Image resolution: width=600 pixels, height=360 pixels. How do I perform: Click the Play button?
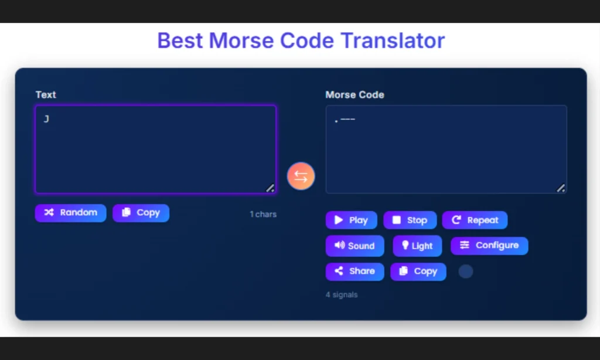pyautogui.click(x=351, y=220)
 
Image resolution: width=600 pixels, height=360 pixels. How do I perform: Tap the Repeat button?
pyautogui.click(x=475, y=220)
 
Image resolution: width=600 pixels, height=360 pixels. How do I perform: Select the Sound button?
pyautogui.click(x=354, y=246)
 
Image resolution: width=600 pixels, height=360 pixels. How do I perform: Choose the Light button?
pyautogui.click(x=417, y=246)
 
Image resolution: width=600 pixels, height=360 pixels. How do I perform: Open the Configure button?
pyautogui.click(x=489, y=246)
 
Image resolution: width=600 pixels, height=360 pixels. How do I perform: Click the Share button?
pyautogui.click(x=354, y=271)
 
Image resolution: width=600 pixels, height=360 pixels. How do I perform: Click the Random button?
pyautogui.click(x=70, y=213)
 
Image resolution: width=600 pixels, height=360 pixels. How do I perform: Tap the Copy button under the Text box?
pyautogui.click(x=141, y=213)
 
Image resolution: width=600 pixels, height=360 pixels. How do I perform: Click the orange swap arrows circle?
pyautogui.click(x=301, y=176)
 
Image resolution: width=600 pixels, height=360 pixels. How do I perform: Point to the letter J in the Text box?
pyautogui.click(x=46, y=120)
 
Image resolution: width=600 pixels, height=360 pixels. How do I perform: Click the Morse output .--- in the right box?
pyautogui.click(x=345, y=120)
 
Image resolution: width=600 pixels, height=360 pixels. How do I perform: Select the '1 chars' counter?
pyautogui.click(x=263, y=215)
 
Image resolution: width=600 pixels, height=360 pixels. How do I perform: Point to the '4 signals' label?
pyautogui.click(x=342, y=295)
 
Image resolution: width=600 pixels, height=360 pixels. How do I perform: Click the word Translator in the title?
pyautogui.click(x=393, y=40)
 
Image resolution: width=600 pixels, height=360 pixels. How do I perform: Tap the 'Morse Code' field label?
pyautogui.click(x=354, y=94)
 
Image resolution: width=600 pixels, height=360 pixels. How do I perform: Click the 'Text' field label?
pyautogui.click(x=46, y=94)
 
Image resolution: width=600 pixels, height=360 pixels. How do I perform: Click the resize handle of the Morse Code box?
pyautogui.click(x=561, y=188)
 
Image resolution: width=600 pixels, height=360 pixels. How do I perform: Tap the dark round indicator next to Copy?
pyautogui.click(x=465, y=271)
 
